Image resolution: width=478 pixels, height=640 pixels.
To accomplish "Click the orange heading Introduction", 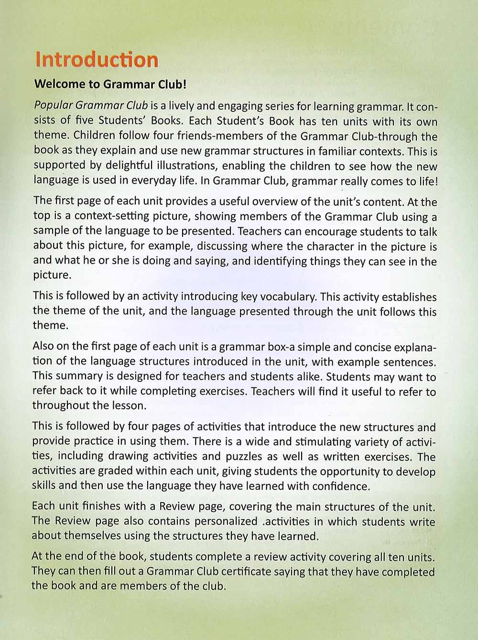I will (97, 60).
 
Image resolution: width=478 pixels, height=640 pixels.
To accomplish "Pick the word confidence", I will (341, 486).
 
